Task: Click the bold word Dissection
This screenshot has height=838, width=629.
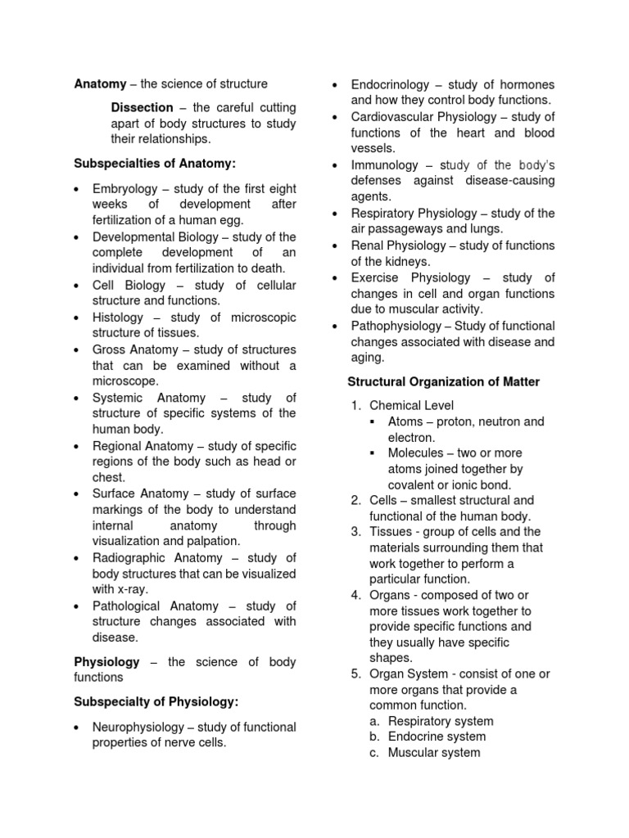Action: point(142,108)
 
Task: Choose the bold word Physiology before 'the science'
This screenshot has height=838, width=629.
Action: point(107,661)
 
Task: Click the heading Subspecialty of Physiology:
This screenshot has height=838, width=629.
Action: point(156,702)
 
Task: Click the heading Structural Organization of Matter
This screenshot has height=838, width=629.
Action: point(443,381)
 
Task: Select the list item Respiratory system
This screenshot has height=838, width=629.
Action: point(441,721)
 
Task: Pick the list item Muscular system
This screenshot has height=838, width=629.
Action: point(434,752)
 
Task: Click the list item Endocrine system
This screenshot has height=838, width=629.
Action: point(437,737)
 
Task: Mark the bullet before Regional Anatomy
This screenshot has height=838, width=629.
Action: point(76,447)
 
